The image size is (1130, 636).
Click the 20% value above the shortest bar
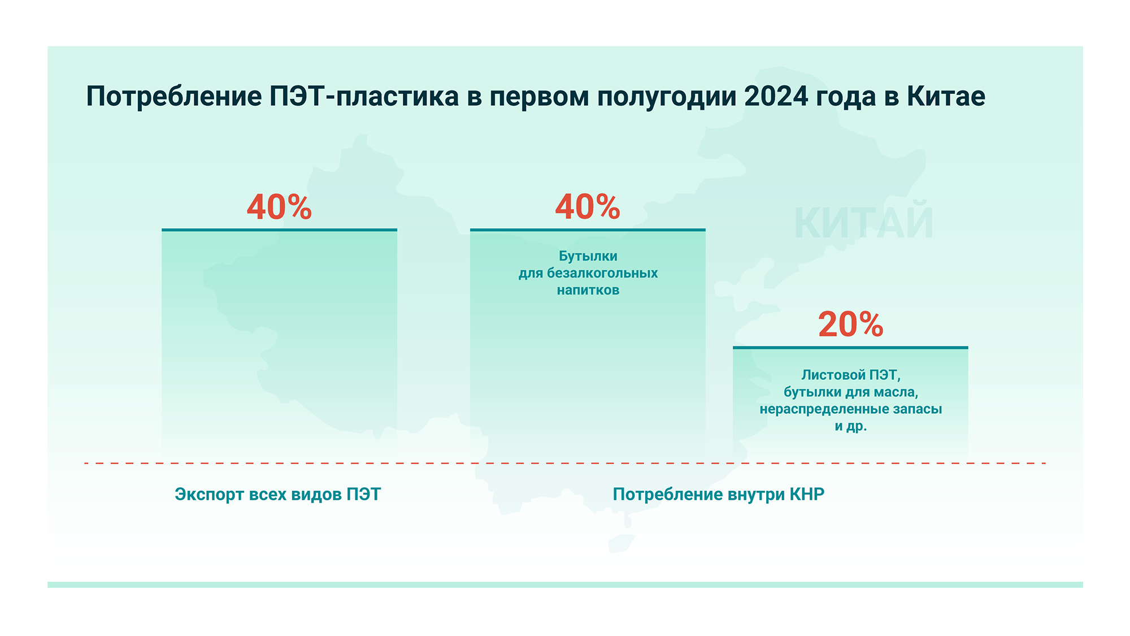[850, 325]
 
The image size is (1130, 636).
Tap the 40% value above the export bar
[279, 207]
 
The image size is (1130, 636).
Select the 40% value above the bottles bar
[588, 207]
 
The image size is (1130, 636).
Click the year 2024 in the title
[776, 96]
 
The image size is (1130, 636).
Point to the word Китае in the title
[946, 96]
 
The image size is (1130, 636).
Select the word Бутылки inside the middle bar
[588, 256]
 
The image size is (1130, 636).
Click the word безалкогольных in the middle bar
[602, 274]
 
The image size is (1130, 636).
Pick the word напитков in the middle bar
[588, 291]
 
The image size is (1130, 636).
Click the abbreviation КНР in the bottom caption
[807, 494]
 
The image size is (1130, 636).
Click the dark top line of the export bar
[279, 230]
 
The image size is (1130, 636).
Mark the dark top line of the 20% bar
[850, 347]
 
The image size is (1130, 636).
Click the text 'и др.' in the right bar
[850, 426]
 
